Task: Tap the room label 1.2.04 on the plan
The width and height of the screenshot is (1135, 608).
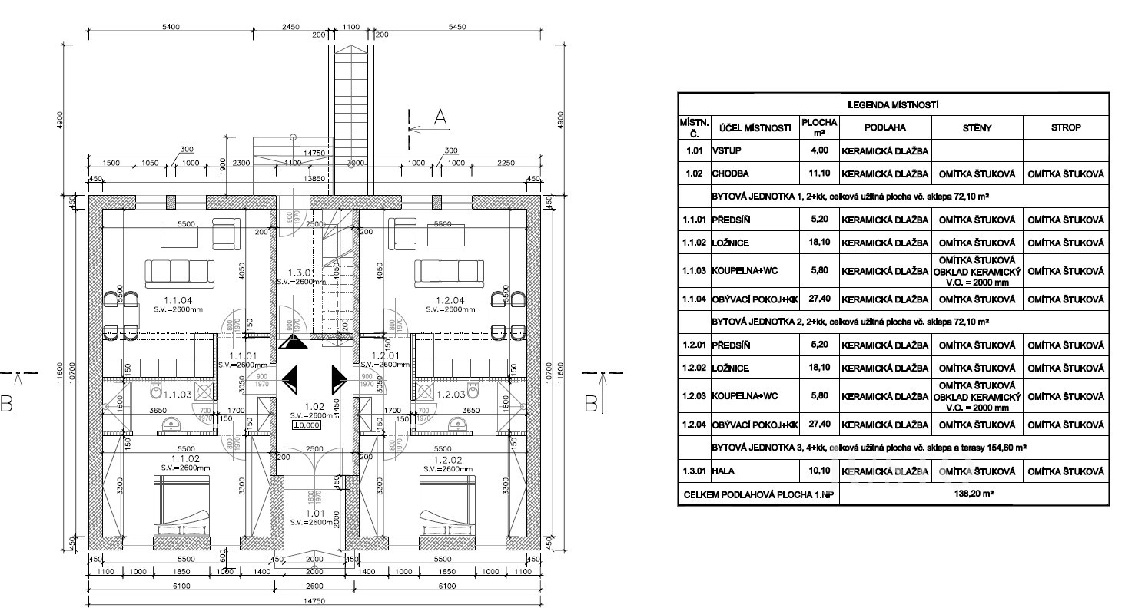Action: pos(445,300)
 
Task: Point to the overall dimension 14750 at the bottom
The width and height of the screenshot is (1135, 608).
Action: pos(315,601)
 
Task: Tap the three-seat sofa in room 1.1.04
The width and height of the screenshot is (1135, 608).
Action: pos(180,272)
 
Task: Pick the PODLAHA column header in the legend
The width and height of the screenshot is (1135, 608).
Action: pos(885,128)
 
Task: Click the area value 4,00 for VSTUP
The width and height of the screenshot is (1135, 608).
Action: pos(819,151)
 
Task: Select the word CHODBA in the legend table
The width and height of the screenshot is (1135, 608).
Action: pos(731,173)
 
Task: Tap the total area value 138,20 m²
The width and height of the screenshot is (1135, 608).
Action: pos(974,497)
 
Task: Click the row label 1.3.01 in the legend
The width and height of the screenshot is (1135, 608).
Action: pos(695,471)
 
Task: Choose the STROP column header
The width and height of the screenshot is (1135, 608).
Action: pos(1066,128)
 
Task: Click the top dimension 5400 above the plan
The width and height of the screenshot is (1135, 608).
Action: pos(171,27)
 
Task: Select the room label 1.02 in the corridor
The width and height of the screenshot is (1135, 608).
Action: pos(314,407)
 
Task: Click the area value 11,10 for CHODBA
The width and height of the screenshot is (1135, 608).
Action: pos(819,173)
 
